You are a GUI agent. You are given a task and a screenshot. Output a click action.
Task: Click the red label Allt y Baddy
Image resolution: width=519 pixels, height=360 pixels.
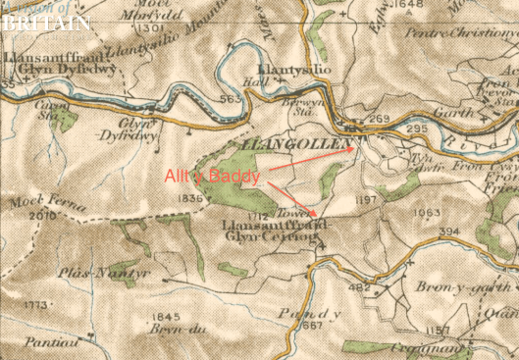coord(226,178)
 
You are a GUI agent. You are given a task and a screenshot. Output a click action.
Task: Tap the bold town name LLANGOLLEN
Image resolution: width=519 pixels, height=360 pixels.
coord(295,145)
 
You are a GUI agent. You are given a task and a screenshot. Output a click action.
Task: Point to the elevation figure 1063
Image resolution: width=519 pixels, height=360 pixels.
coord(426,212)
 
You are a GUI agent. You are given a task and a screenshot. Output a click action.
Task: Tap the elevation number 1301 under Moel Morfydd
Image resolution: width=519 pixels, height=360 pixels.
coord(148,28)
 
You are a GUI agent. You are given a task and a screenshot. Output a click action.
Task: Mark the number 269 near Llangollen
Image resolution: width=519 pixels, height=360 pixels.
coord(380,119)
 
